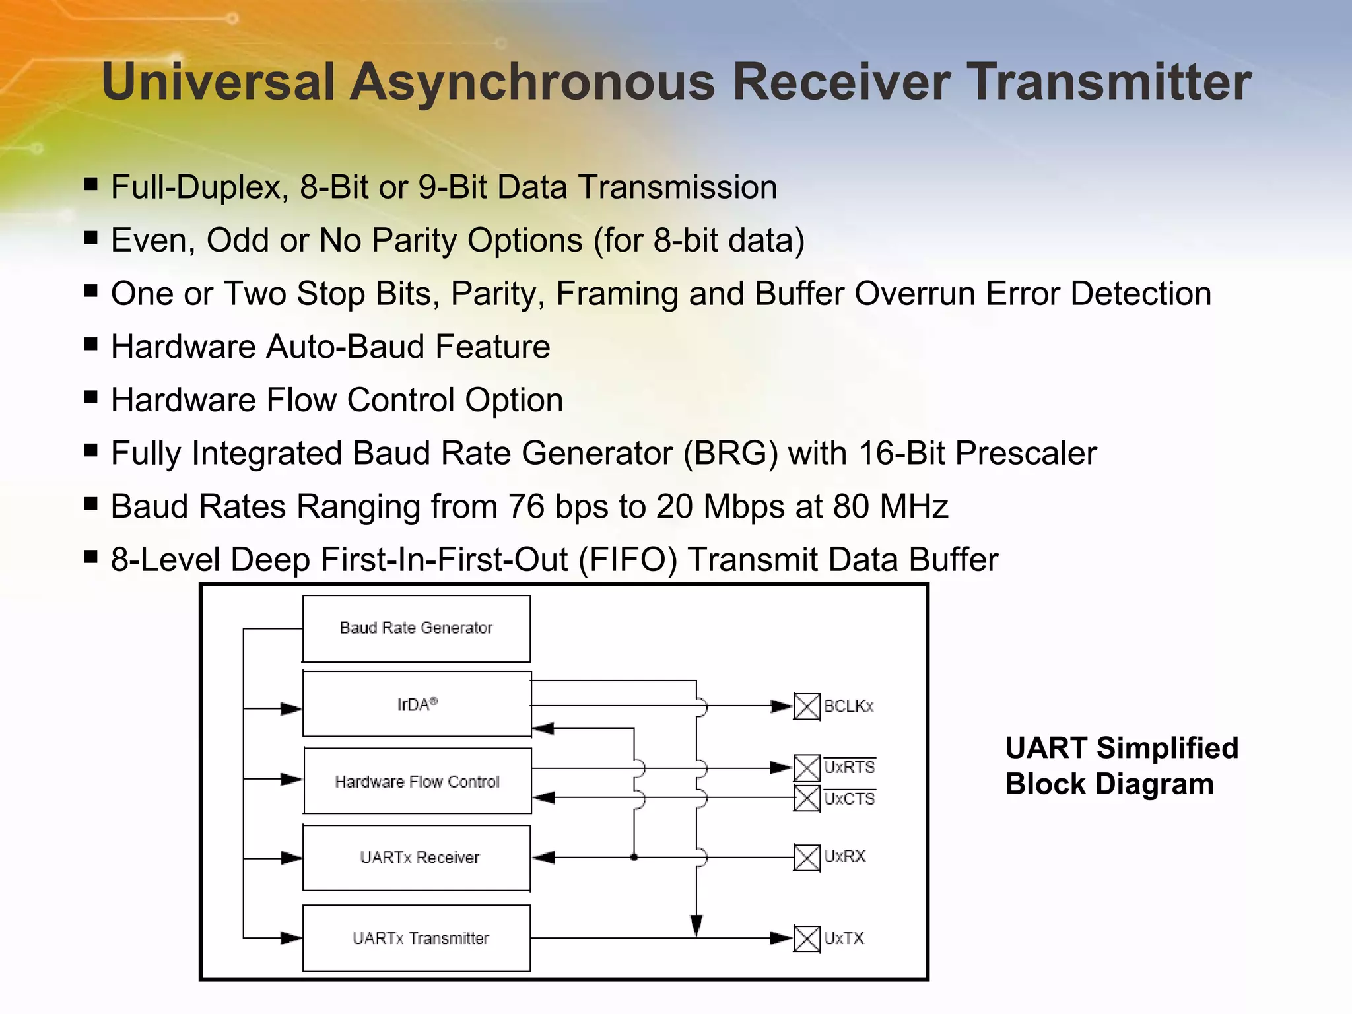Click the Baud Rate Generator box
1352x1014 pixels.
tap(416, 628)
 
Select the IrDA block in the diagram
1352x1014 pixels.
tap(417, 704)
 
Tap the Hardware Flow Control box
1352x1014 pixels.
tap(417, 781)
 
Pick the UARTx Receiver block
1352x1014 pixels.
tap(417, 858)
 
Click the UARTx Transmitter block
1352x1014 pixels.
tap(417, 938)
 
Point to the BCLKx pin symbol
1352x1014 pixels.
tap(806, 706)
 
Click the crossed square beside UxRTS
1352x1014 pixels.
tap(806, 768)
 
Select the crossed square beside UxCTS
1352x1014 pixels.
tap(806, 798)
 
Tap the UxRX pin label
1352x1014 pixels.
tap(844, 857)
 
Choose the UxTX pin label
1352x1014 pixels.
tap(844, 938)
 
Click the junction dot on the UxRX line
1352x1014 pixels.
tap(634, 858)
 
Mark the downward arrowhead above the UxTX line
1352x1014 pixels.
tap(696, 925)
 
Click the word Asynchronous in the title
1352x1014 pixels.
tap(532, 82)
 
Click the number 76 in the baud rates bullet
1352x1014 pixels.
tap(526, 507)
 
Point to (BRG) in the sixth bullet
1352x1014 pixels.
tap(731, 454)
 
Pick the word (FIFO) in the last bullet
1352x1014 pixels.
tap(628, 560)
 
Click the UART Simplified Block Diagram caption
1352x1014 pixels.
tap(1121, 766)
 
